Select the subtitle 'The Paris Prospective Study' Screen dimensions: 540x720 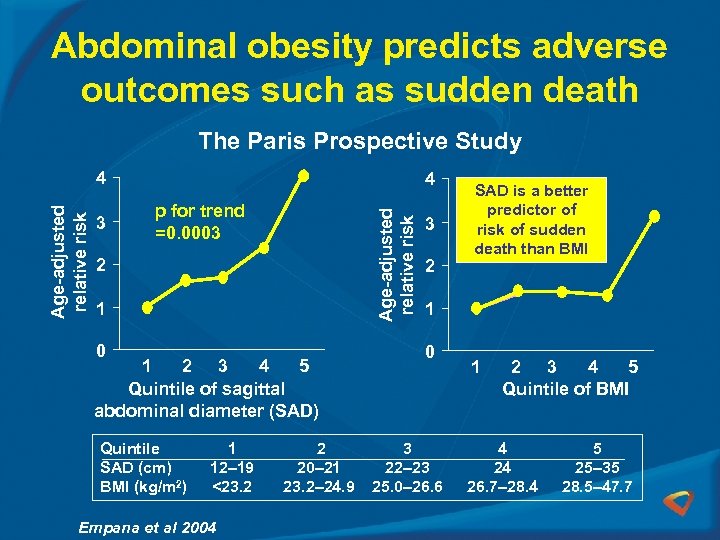[x=360, y=141]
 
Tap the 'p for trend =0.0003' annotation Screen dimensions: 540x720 [x=199, y=221]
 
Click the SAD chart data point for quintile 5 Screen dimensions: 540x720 [x=303, y=174]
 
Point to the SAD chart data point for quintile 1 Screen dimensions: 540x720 [x=147, y=308]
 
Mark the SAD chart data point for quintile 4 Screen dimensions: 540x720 [x=264, y=248]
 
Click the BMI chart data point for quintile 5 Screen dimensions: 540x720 [x=655, y=216]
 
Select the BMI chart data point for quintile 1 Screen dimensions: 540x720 [x=476, y=308]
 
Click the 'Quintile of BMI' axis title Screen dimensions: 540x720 [x=565, y=389]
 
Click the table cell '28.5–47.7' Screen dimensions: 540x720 [x=596, y=487]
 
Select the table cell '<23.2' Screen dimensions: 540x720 [x=232, y=487]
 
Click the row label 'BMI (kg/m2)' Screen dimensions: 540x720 [x=140, y=487]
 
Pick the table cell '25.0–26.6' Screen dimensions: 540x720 [x=407, y=487]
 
